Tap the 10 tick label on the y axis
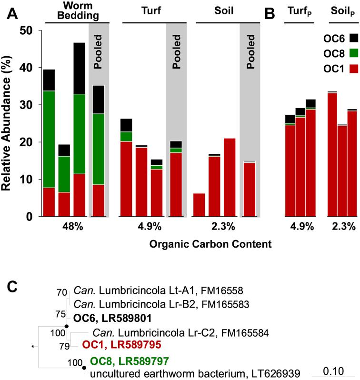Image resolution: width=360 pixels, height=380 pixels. pyautogui.click(x=30, y=180)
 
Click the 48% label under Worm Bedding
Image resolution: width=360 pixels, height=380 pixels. pyautogui.click(x=73, y=227)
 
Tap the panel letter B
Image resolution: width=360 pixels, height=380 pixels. pyautogui.click(x=270, y=15)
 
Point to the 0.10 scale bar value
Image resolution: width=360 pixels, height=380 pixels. pyautogui.click(x=335, y=371)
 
